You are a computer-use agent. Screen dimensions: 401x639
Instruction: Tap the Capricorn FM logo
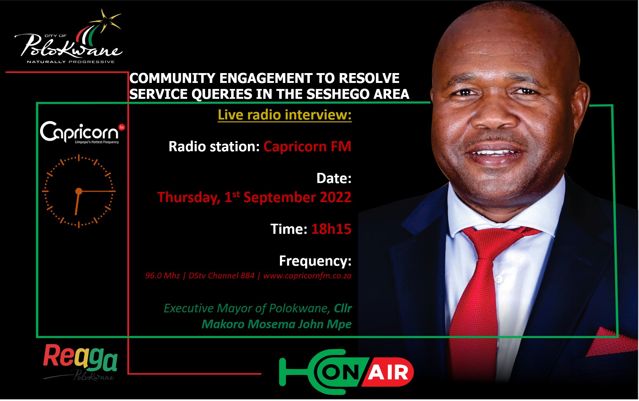[x=82, y=132]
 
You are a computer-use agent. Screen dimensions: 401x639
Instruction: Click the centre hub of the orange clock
[x=78, y=191]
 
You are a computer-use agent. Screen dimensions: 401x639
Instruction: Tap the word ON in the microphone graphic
[x=341, y=372]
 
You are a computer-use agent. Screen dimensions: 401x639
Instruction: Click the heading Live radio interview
[x=284, y=115]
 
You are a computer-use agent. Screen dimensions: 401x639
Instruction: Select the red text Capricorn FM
[x=307, y=147]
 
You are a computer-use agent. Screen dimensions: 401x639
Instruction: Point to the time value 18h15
[x=331, y=229]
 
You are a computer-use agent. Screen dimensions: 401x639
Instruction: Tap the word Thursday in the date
[x=188, y=197]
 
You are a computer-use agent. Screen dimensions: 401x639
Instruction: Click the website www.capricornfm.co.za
[x=307, y=275]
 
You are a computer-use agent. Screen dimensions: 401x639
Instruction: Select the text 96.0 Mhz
[x=162, y=275]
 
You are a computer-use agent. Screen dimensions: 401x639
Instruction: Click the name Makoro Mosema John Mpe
[x=276, y=324]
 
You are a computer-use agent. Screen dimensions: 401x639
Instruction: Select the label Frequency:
[x=315, y=261]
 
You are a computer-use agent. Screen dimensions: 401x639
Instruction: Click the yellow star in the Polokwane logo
[x=107, y=20]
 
